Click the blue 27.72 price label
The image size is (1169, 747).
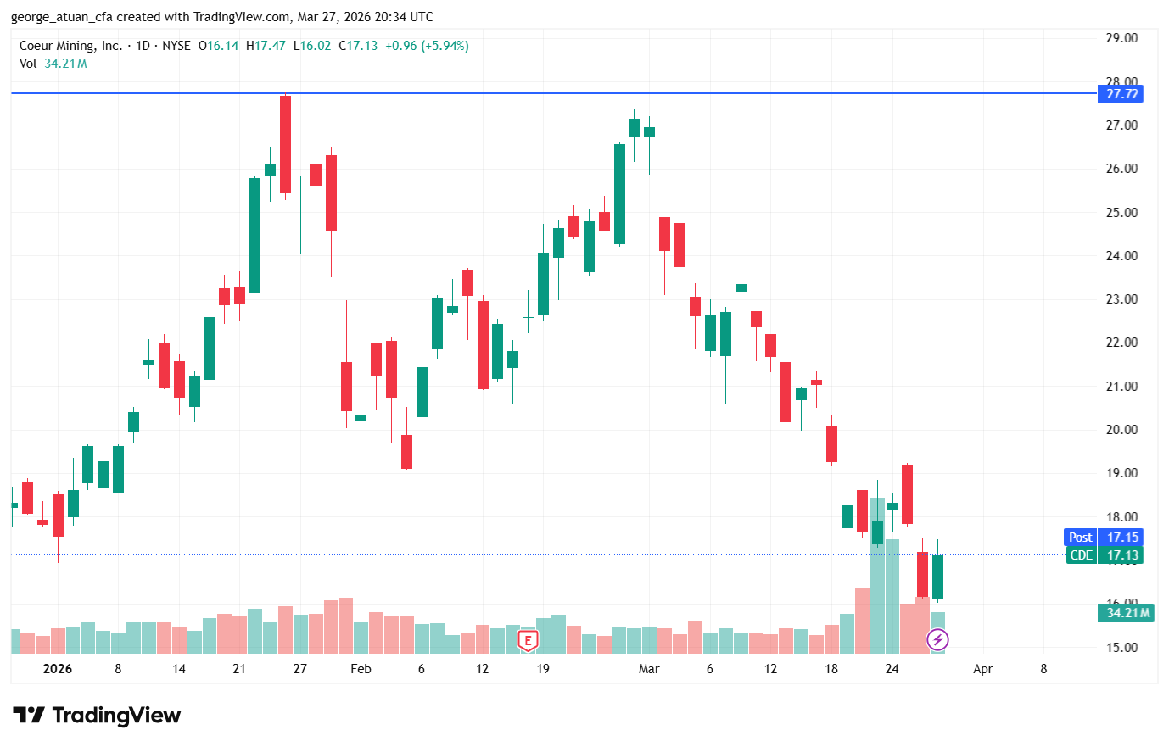(x=1121, y=94)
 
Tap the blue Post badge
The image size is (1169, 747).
(x=1080, y=538)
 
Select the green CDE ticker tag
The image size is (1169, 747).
(x=1081, y=555)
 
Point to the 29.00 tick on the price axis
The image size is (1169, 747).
(x=1121, y=38)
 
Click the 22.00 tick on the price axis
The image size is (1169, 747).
(x=1121, y=343)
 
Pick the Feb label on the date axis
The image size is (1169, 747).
(x=361, y=669)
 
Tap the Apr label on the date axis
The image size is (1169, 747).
(x=982, y=669)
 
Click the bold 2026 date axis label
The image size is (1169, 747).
(x=58, y=669)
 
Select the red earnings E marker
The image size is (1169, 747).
(x=528, y=641)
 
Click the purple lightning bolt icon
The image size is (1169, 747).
(x=937, y=639)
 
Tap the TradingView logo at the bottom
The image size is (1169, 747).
(x=97, y=716)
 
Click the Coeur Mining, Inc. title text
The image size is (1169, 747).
(x=70, y=46)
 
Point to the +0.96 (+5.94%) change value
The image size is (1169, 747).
(x=427, y=46)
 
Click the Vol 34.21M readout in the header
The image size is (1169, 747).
(x=53, y=64)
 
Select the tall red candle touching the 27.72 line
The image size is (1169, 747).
(x=285, y=144)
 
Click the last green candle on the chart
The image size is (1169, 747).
(x=937, y=577)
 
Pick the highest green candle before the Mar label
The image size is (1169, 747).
(x=634, y=127)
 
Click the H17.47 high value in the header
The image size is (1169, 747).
(x=266, y=46)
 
